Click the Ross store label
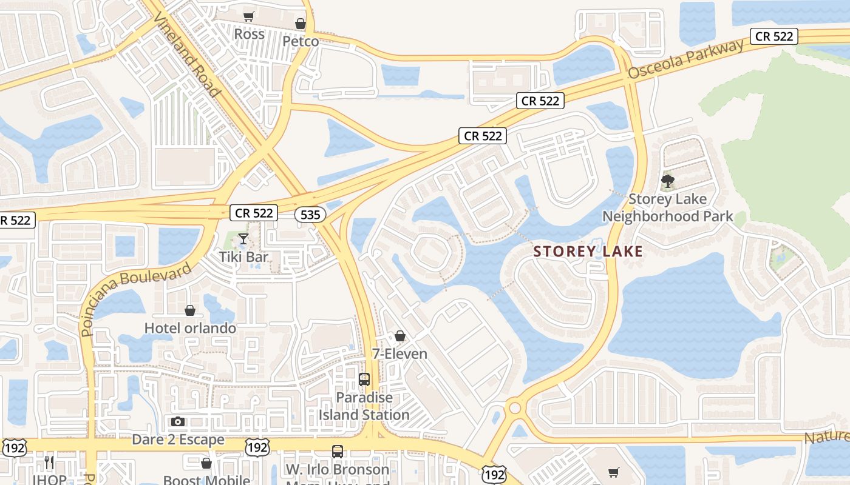(x=250, y=34)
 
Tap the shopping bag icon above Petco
(x=301, y=24)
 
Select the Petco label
(x=301, y=41)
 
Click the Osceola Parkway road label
(x=686, y=59)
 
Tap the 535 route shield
(x=310, y=215)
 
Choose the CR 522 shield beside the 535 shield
(x=254, y=213)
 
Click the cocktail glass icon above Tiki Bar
(x=243, y=239)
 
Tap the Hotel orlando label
(x=190, y=328)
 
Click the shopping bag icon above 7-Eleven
(x=399, y=335)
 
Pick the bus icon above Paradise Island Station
(x=364, y=380)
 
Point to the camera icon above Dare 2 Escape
(x=178, y=421)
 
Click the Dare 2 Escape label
(x=178, y=440)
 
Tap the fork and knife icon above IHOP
(x=49, y=463)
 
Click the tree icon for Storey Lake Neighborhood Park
(x=668, y=181)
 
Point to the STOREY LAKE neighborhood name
(x=588, y=252)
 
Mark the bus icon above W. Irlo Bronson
(x=338, y=451)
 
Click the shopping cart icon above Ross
(x=248, y=16)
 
